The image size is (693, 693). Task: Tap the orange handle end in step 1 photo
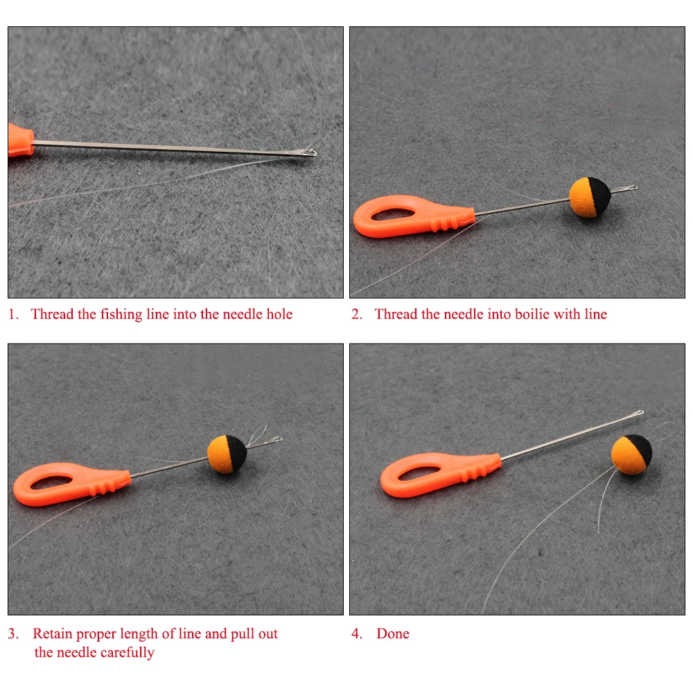pos(20,140)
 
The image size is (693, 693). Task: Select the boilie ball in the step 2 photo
pos(590,197)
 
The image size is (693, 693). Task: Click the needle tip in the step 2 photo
pos(635,187)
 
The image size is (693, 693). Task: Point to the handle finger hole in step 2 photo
pos(393,214)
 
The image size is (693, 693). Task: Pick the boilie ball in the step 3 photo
pos(227,454)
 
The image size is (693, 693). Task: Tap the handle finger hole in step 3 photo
pos(52,482)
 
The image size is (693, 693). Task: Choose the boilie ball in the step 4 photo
pos(631,455)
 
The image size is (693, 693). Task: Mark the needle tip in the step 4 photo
pos(641,413)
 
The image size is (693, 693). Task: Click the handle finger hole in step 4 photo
pos(419,473)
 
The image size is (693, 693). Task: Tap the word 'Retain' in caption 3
pos(52,633)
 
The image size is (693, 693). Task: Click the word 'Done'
pos(393,633)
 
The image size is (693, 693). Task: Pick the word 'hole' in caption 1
pos(279,314)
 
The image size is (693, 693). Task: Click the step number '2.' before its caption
pos(357,314)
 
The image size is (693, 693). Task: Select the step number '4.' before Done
pos(357,633)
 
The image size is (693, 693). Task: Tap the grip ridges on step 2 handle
pos(444,224)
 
